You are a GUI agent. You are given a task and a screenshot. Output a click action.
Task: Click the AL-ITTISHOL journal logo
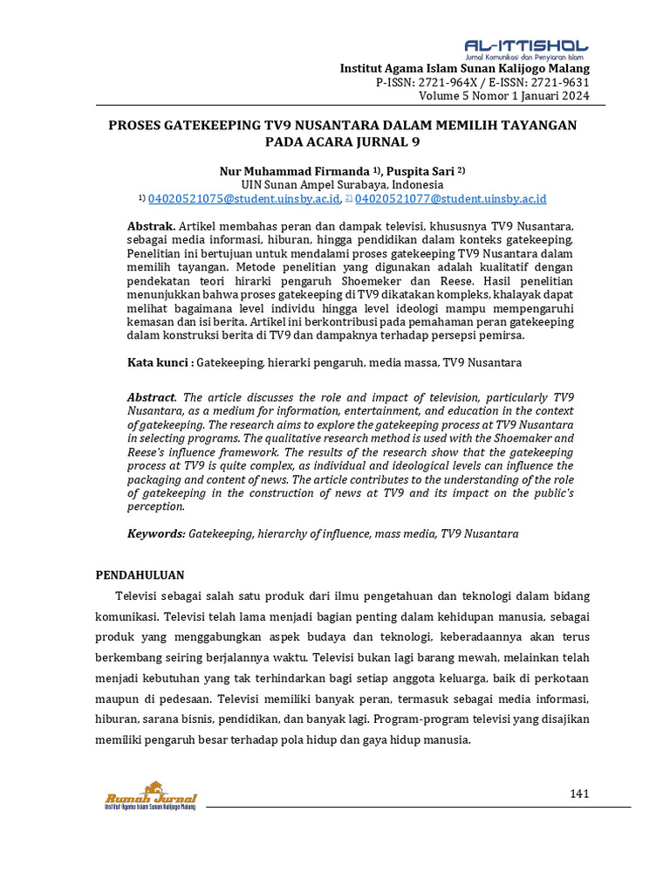pos(525,48)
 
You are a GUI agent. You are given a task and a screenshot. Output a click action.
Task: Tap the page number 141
pos(579,794)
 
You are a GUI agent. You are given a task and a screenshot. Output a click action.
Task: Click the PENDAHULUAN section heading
pos(139,574)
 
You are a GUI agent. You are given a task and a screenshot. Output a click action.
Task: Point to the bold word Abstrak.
pos(151,226)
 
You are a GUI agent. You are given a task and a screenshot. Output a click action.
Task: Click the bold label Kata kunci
pos(160,361)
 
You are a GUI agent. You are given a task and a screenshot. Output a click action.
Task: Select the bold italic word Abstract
pos(152,397)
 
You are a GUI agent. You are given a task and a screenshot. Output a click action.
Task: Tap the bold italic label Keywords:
pos(156,533)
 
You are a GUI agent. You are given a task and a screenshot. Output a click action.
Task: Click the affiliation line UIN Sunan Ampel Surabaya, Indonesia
pos(342,185)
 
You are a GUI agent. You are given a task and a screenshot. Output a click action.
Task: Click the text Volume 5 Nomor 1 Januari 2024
pos(504,96)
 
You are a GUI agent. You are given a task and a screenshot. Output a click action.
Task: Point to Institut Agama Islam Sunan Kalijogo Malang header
pos(464,68)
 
